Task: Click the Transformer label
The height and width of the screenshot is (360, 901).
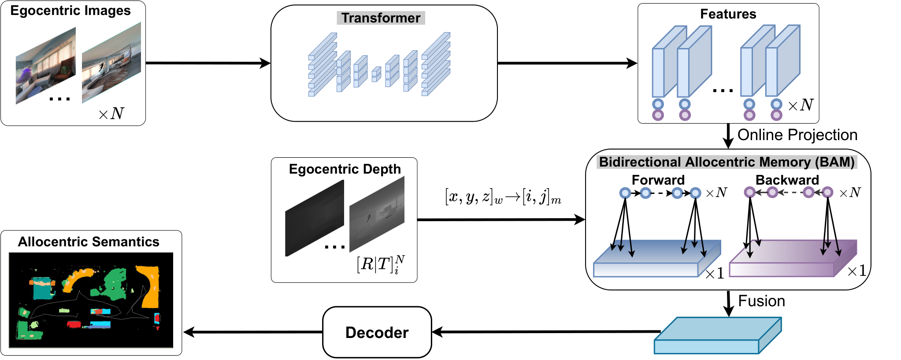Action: pos(381,18)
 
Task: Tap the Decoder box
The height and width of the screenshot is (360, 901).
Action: pos(377,332)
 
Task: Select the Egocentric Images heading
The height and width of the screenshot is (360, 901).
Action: pos(70,11)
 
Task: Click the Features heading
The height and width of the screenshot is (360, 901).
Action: pos(728,14)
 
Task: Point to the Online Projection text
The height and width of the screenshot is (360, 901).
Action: pos(797,135)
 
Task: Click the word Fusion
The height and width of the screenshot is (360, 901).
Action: pos(761,301)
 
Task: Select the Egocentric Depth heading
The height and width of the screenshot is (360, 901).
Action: pos(345,169)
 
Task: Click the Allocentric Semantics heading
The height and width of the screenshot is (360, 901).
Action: pos(89,242)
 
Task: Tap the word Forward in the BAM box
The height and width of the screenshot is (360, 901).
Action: pos(658,180)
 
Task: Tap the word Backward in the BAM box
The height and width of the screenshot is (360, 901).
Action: pos(787,180)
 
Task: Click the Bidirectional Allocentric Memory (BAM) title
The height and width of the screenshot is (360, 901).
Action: pos(727,162)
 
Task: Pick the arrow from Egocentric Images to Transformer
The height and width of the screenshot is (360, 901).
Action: pos(208,63)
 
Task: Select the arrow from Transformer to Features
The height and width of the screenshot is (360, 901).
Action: pos(567,63)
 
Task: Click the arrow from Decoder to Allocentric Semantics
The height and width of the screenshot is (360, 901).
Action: pos(253,332)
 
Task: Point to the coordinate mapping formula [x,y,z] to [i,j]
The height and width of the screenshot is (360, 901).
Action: pos(503,197)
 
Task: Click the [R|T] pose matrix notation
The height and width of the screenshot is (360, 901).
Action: pos(381,264)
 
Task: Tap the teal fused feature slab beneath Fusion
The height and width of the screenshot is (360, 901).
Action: pos(718,335)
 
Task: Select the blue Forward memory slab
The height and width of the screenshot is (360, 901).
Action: pos(657,259)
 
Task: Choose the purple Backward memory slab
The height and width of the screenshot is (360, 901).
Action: pos(793,259)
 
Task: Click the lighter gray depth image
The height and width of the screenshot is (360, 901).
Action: pos(377,214)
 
